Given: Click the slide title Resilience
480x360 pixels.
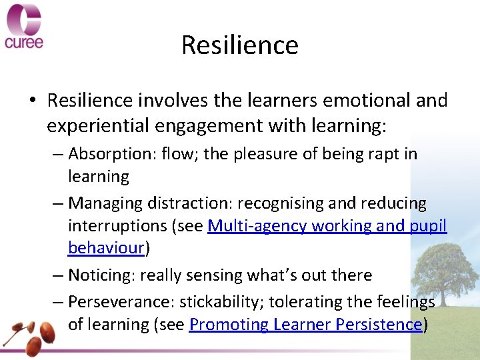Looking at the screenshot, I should (239, 45).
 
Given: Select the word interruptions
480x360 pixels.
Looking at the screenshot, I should (117, 227).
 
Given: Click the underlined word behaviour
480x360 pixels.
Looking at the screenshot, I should (106, 248).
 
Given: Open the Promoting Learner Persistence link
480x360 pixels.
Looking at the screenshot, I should (305, 325).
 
